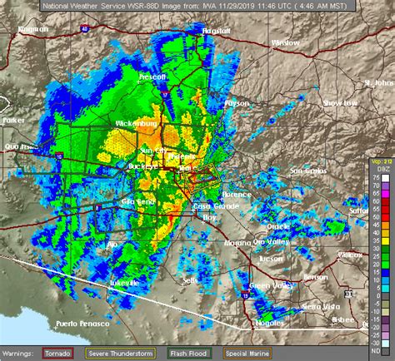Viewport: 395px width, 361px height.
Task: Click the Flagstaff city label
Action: (213, 30)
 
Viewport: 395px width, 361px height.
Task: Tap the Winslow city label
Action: (285, 42)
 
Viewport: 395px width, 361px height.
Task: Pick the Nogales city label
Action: (269, 326)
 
